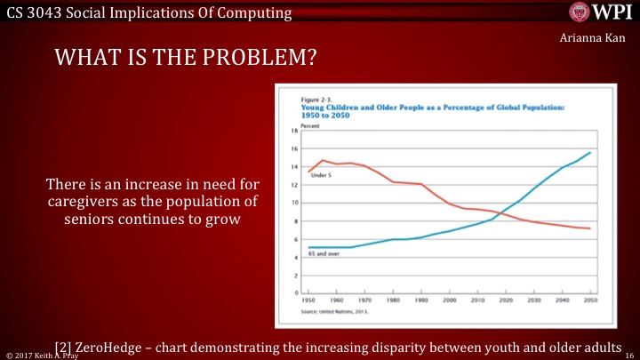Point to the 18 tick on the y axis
click(x=293, y=130)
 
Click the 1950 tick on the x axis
click(x=307, y=300)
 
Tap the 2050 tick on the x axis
click(x=588, y=300)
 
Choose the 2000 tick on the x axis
click(x=447, y=300)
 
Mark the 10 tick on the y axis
click(x=293, y=202)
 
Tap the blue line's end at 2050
click(x=589, y=152)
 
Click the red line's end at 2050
click(x=589, y=228)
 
